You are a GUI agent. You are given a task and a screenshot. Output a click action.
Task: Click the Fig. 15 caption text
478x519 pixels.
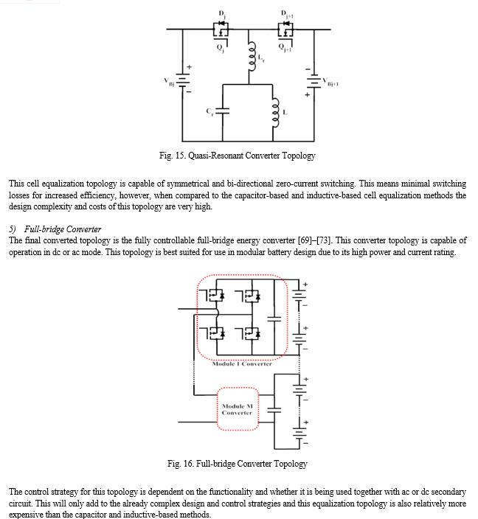click(238, 156)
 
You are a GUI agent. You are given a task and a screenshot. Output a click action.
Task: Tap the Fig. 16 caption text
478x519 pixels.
click(238, 464)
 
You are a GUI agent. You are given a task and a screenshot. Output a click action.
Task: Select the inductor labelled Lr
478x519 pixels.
click(252, 56)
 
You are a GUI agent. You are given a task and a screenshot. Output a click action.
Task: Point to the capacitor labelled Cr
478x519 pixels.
click(222, 111)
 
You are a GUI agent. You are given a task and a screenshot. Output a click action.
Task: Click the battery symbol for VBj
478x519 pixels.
click(182, 80)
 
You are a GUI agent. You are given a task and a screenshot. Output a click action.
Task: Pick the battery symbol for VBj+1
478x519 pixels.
click(314, 81)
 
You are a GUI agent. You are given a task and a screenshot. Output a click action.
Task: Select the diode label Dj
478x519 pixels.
click(222, 14)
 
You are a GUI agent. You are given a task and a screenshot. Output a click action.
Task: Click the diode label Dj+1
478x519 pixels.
click(287, 14)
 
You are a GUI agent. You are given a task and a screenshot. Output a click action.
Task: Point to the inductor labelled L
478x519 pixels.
click(276, 113)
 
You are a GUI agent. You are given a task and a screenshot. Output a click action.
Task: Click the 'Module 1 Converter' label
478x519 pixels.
click(242, 363)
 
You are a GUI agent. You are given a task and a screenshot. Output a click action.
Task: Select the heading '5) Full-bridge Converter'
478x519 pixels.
click(55, 229)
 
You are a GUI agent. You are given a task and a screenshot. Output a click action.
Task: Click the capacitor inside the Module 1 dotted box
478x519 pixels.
click(274, 318)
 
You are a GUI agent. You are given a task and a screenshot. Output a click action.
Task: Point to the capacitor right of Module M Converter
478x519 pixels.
click(274, 410)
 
